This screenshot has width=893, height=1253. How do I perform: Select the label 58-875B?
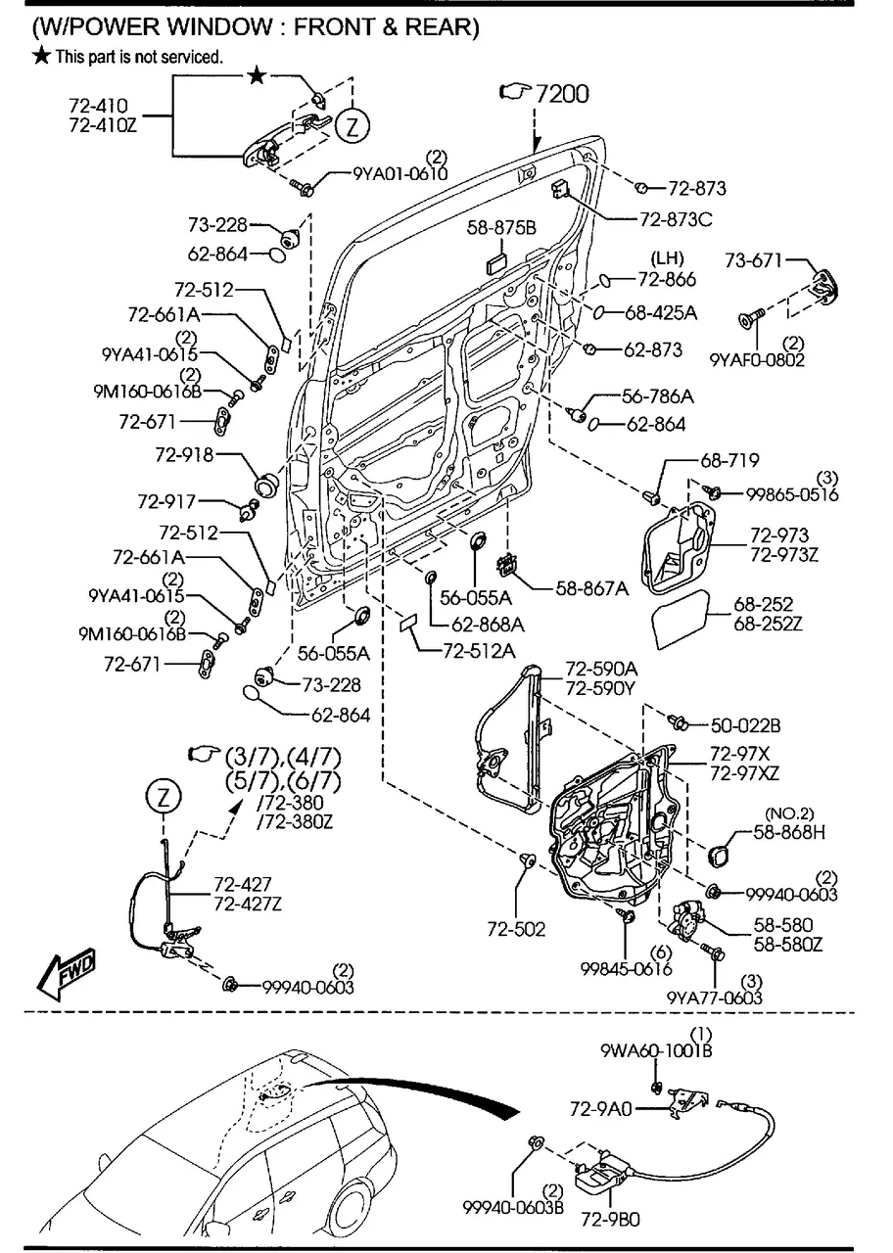pos(501,227)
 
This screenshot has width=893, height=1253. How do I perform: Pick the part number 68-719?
pos(728,460)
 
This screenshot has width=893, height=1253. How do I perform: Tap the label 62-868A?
pos(488,623)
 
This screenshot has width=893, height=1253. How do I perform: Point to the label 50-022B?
pos(745,725)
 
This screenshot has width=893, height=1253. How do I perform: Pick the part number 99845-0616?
pos(626,968)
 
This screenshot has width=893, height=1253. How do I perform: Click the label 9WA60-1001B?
pos(656,1050)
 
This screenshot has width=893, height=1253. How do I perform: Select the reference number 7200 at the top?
pos(562,93)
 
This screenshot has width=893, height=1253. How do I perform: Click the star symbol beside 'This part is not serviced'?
pos(41,57)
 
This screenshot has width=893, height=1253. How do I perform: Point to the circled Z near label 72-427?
pos(164,798)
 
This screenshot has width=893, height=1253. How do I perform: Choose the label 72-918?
pos(184,455)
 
